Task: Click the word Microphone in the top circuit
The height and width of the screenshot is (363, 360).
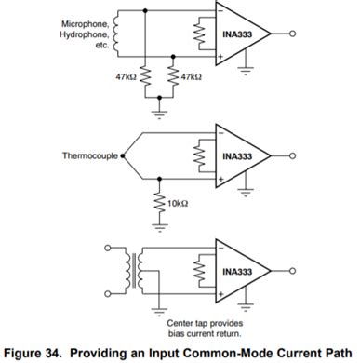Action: [x=85, y=22]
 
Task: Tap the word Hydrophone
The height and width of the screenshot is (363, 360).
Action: [x=84, y=34]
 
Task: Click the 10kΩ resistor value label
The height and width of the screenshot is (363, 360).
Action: [x=177, y=202]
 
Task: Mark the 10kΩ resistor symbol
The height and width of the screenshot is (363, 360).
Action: [x=160, y=202]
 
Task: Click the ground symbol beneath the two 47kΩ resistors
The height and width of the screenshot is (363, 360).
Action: [x=159, y=113]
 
